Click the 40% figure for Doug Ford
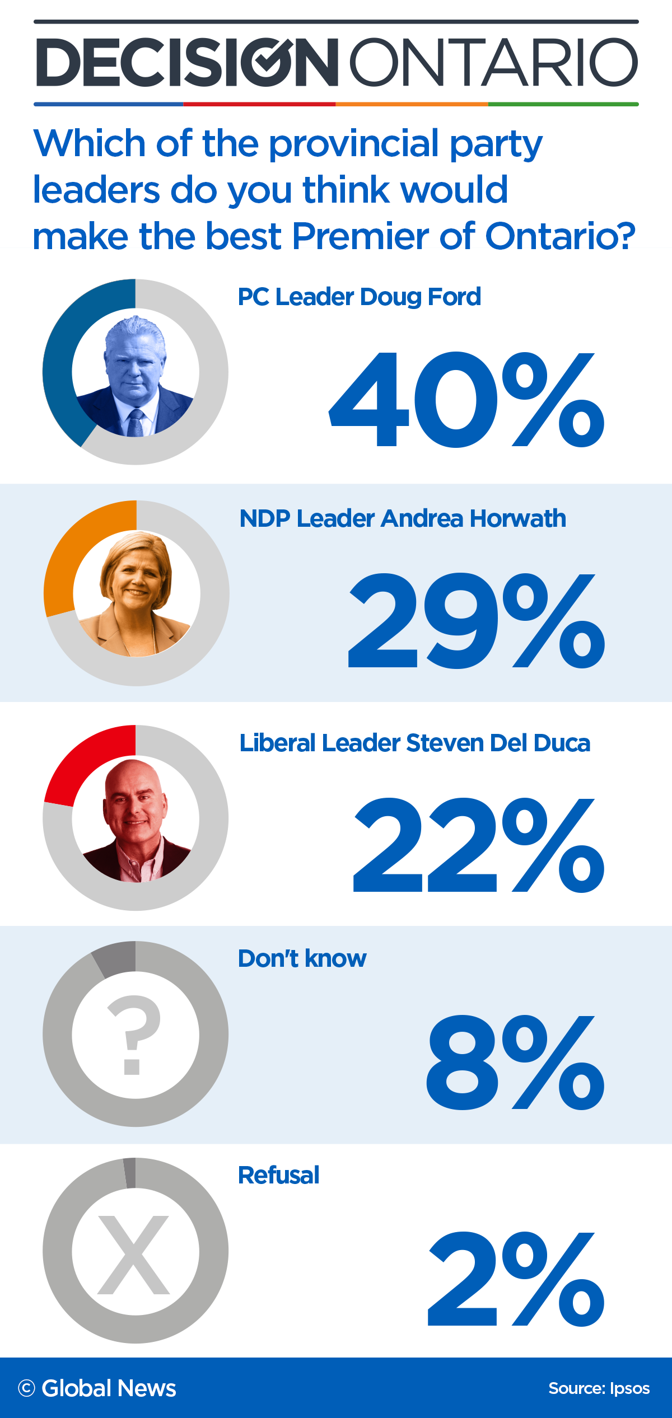tap(466, 400)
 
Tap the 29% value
tap(476, 621)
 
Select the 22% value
tap(479, 845)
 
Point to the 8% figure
tap(515, 1063)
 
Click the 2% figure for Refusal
tap(515, 1279)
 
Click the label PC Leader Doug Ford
tap(359, 297)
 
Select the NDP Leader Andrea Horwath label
tap(402, 518)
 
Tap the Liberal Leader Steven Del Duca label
tap(414, 743)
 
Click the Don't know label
tap(302, 958)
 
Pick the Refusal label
tap(278, 1175)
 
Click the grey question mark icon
tap(134, 1035)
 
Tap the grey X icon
tap(133, 1255)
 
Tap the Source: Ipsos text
tap(599, 1388)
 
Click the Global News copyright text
tap(97, 1388)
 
